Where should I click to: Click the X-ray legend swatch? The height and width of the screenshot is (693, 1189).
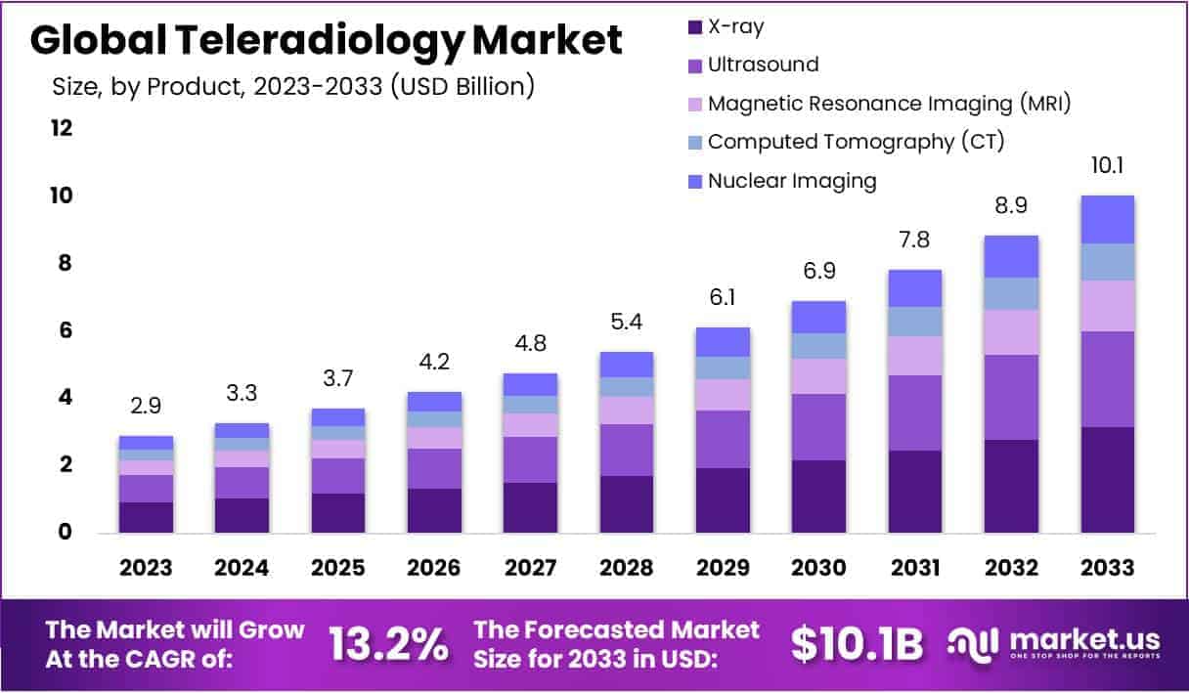(695, 26)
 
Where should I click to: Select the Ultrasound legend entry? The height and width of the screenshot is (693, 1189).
(763, 65)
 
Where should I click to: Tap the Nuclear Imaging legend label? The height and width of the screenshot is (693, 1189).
(792, 180)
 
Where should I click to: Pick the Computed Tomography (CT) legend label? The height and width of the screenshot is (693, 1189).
(856, 141)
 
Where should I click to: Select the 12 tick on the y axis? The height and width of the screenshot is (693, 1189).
(62, 128)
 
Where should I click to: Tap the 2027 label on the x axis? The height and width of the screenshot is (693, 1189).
(531, 568)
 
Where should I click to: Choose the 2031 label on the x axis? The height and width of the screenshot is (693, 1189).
(915, 568)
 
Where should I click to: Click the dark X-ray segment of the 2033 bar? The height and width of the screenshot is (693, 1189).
(1107, 479)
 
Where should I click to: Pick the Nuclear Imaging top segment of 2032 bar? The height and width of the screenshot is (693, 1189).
(1011, 256)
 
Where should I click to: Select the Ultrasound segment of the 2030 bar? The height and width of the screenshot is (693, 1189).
(818, 426)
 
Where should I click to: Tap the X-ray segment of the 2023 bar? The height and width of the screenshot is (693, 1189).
(146, 517)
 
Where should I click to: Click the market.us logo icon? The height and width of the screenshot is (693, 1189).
(974, 643)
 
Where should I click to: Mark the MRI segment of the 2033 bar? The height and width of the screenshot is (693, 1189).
(1107, 306)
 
